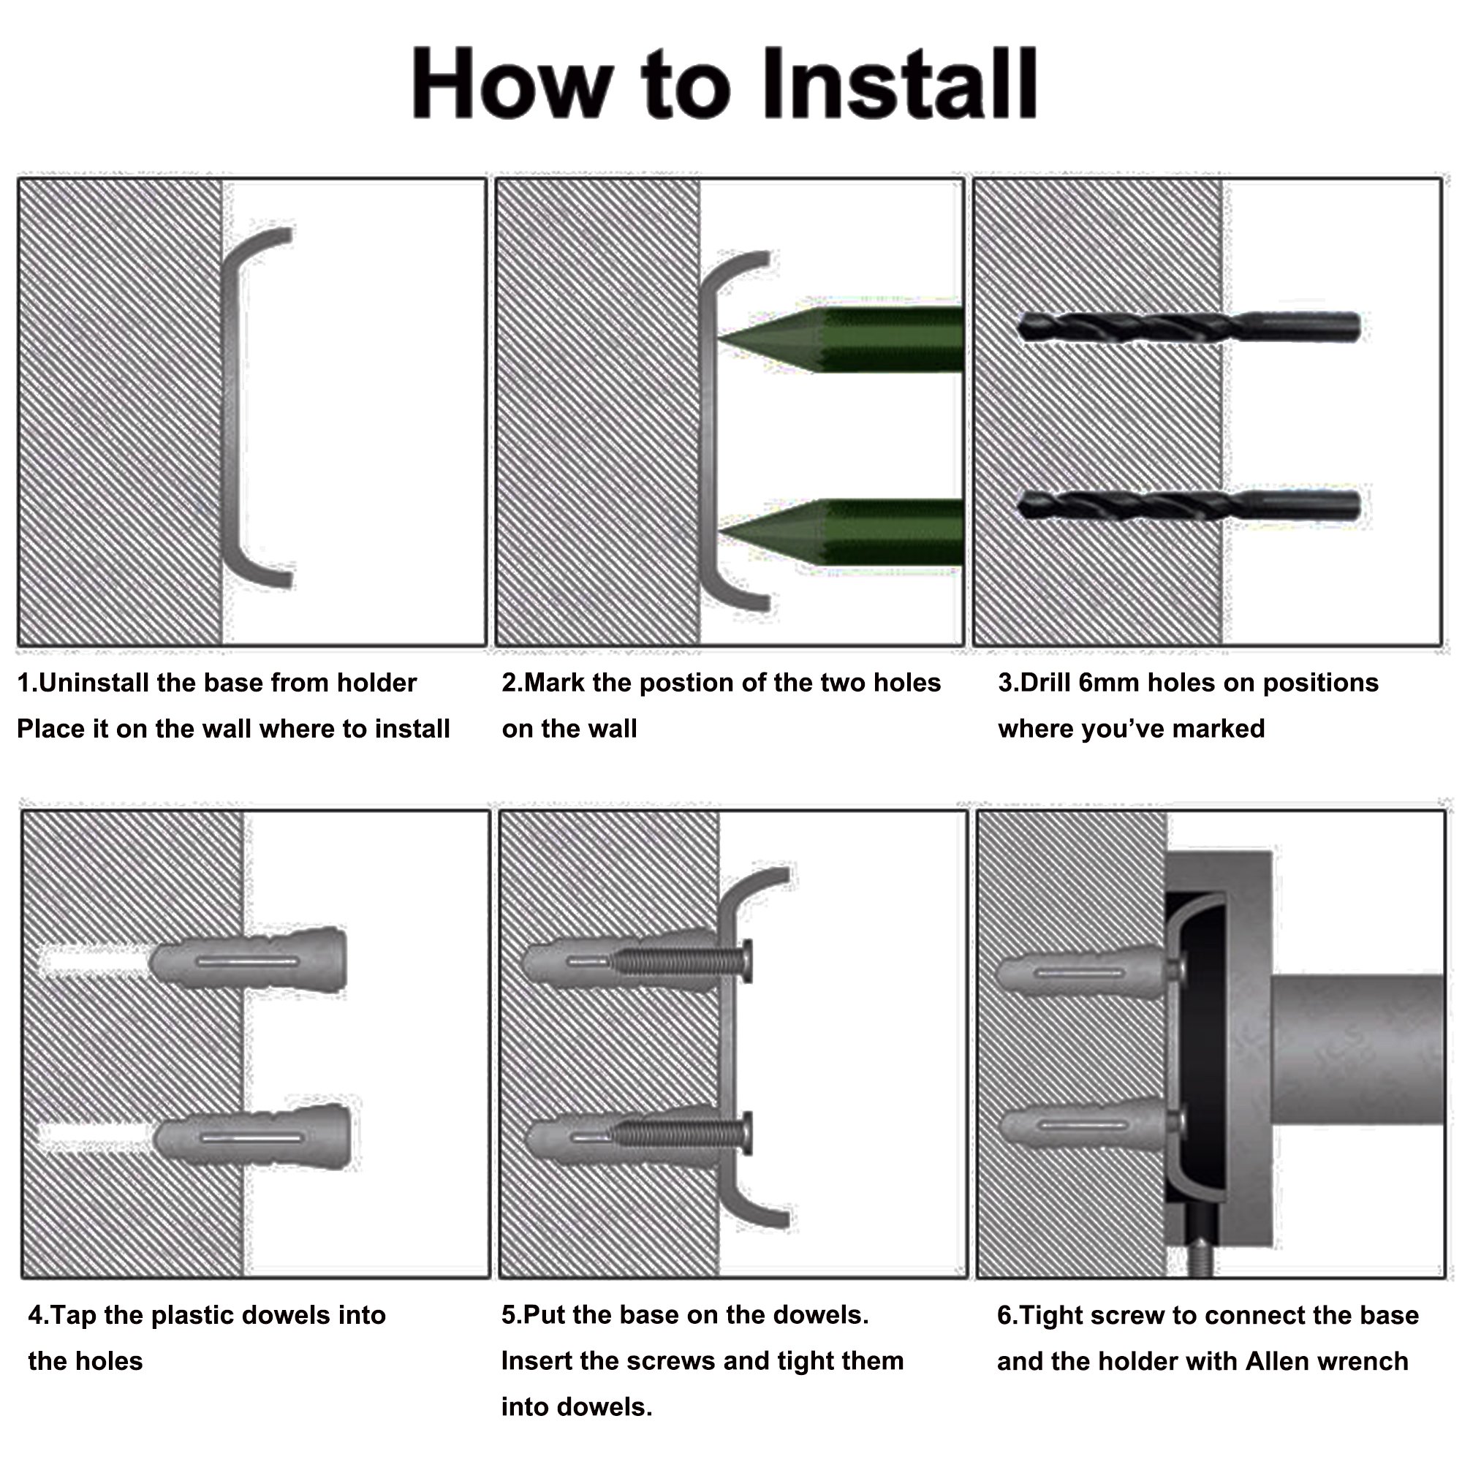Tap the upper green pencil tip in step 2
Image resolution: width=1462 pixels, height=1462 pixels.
[x=718, y=339]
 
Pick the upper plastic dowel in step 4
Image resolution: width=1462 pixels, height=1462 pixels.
[x=249, y=961]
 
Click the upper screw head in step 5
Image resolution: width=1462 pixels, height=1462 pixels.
[x=747, y=961]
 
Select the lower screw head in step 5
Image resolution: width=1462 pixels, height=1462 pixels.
[x=747, y=1133]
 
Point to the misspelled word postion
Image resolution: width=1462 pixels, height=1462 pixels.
[x=686, y=683]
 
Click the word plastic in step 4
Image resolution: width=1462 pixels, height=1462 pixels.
[x=189, y=1316]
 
